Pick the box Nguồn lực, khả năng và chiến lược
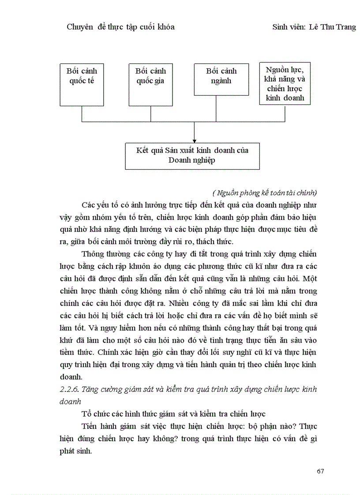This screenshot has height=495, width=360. click(x=285, y=83)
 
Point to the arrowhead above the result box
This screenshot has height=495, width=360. click(x=194, y=140)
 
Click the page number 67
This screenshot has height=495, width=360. click(x=320, y=471)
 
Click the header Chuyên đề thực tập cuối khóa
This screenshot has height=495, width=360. click(x=120, y=27)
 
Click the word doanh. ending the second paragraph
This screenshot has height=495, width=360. click(x=71, y=377)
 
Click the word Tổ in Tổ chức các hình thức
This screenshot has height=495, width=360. click(x=86, y=414)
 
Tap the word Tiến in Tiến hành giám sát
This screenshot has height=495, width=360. click(x=90, y=427)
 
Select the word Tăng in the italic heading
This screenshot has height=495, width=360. click(x=91, y=389)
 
